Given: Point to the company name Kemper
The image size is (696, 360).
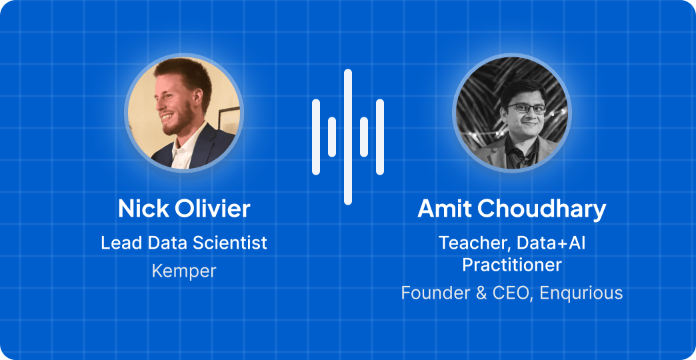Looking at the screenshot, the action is tap(184, 271).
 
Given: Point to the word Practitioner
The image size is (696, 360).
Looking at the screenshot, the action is tap(512, 265).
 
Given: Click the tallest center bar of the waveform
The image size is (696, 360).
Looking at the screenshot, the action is tap(348, 137).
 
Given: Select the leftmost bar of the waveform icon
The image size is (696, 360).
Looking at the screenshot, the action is tap(316, 137).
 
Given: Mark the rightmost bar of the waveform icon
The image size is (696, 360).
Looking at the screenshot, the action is tap(380, 137).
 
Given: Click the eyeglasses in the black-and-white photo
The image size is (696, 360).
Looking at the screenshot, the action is tap(527, 108).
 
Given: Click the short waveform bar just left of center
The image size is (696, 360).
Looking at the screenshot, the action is tap(332, 137).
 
